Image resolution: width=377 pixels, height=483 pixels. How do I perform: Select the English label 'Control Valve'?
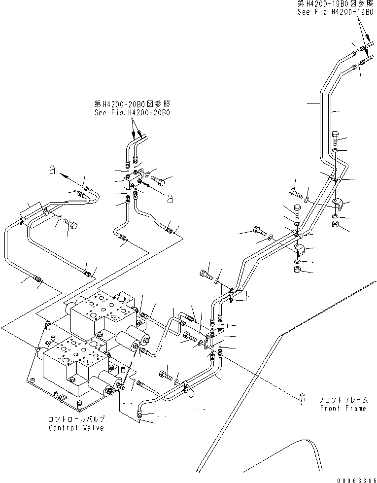76,428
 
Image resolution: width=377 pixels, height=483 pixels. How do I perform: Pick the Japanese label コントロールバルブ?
76,420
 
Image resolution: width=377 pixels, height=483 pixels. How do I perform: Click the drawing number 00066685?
356,479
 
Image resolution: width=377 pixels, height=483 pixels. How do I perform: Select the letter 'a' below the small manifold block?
170,199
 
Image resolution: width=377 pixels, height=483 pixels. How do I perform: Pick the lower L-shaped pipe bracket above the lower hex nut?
299,247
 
